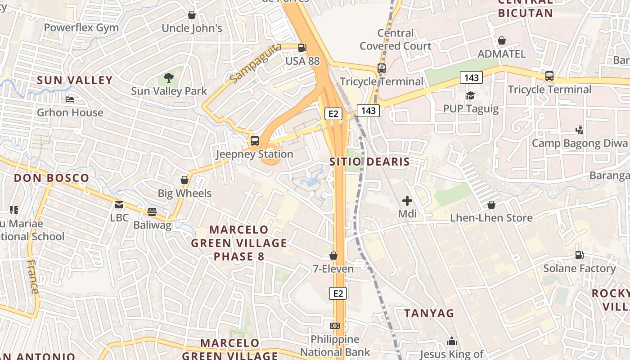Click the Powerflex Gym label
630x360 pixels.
pos(81,27)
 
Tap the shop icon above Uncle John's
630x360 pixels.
pos(192,15)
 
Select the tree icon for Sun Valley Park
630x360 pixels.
pos(169,78)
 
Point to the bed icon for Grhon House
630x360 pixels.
pos(70,99)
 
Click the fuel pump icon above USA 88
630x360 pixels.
pos(302,47)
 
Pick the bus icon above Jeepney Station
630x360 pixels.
pos(255,140)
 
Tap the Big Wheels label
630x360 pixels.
pos(184,193)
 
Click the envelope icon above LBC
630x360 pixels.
pos(119,205)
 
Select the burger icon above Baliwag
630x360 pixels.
pos(152,211)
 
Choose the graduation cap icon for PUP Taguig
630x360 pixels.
pos(471,95)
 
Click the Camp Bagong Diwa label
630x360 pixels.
pos(580,144)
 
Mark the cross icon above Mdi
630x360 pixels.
pos(407,201)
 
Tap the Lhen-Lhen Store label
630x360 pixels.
pos(491,218)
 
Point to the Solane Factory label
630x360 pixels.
pos(580,269)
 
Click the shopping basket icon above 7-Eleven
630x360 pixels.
pos(333,256)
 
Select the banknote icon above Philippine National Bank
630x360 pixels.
pos(335,325)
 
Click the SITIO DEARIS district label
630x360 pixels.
pos(369,162)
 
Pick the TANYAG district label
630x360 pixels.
pos(429,313)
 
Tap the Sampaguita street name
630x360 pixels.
pos(255,63)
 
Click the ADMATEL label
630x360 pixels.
pos(501,54)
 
